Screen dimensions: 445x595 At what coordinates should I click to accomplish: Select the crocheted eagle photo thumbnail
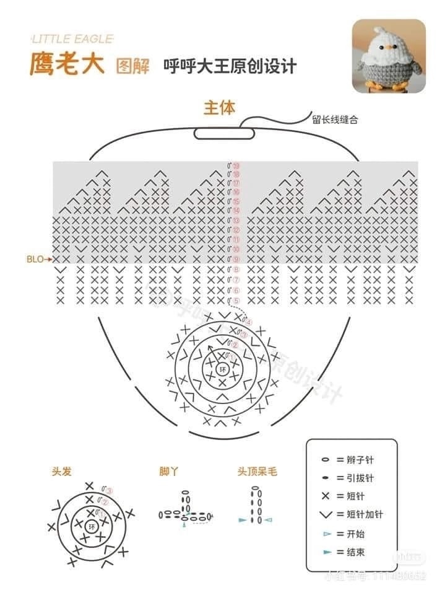coord(389,56)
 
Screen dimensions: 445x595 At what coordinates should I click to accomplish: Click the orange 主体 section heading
coord(220,107)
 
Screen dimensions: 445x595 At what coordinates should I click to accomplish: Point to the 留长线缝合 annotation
coord(335,120)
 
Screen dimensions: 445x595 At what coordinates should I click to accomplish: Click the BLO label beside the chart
coord(35,259)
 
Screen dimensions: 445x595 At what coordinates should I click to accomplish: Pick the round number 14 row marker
coord(236,211)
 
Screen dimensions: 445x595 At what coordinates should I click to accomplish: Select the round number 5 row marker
coord(235,301)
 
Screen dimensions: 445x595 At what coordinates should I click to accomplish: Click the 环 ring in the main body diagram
coord(223,369)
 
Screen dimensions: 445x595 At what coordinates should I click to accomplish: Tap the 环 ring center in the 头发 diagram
coord(93,527)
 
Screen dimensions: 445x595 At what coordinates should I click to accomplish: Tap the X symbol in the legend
coord(324,496)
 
